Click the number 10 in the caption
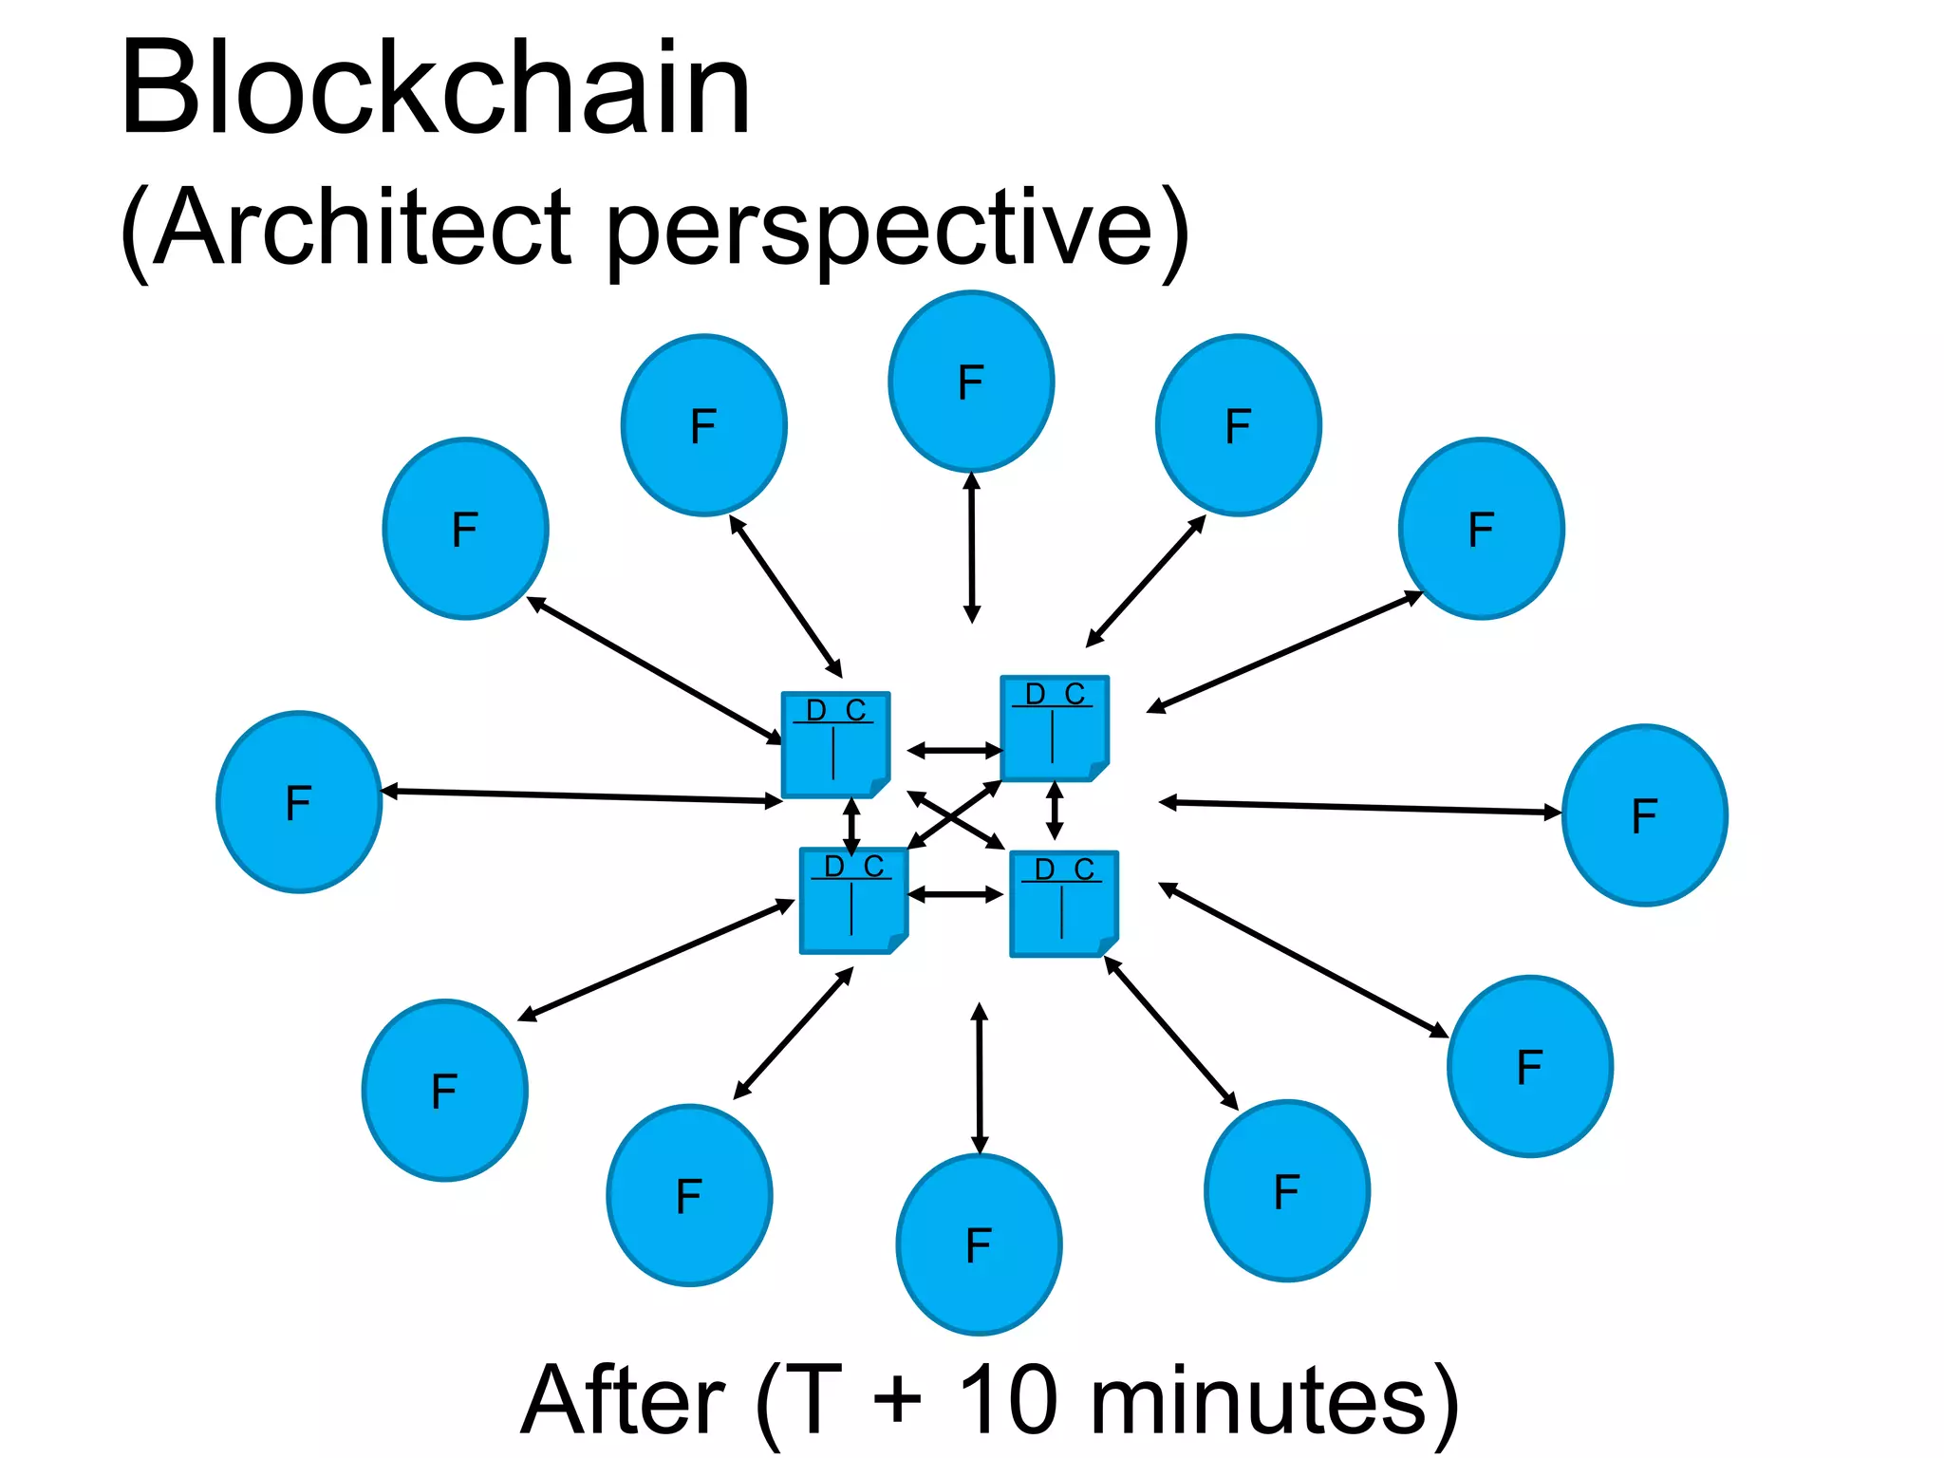point(1008,1400)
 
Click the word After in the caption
point(622,1400)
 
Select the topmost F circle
point(971,382)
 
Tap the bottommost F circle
point(979,1244)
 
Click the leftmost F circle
point(299,802)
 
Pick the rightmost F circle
point(1644,815)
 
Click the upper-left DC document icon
point(834,745)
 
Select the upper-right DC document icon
point(1054,729)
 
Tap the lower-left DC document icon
point(852,901)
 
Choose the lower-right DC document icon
point(1063,904)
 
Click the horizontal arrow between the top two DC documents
point(955,751)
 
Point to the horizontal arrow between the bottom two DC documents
point(956,894)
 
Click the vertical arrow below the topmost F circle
point(971,548)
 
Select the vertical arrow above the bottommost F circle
point(980,1078)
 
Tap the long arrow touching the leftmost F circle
point(581,796)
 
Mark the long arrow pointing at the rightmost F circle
point(1359,808)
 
